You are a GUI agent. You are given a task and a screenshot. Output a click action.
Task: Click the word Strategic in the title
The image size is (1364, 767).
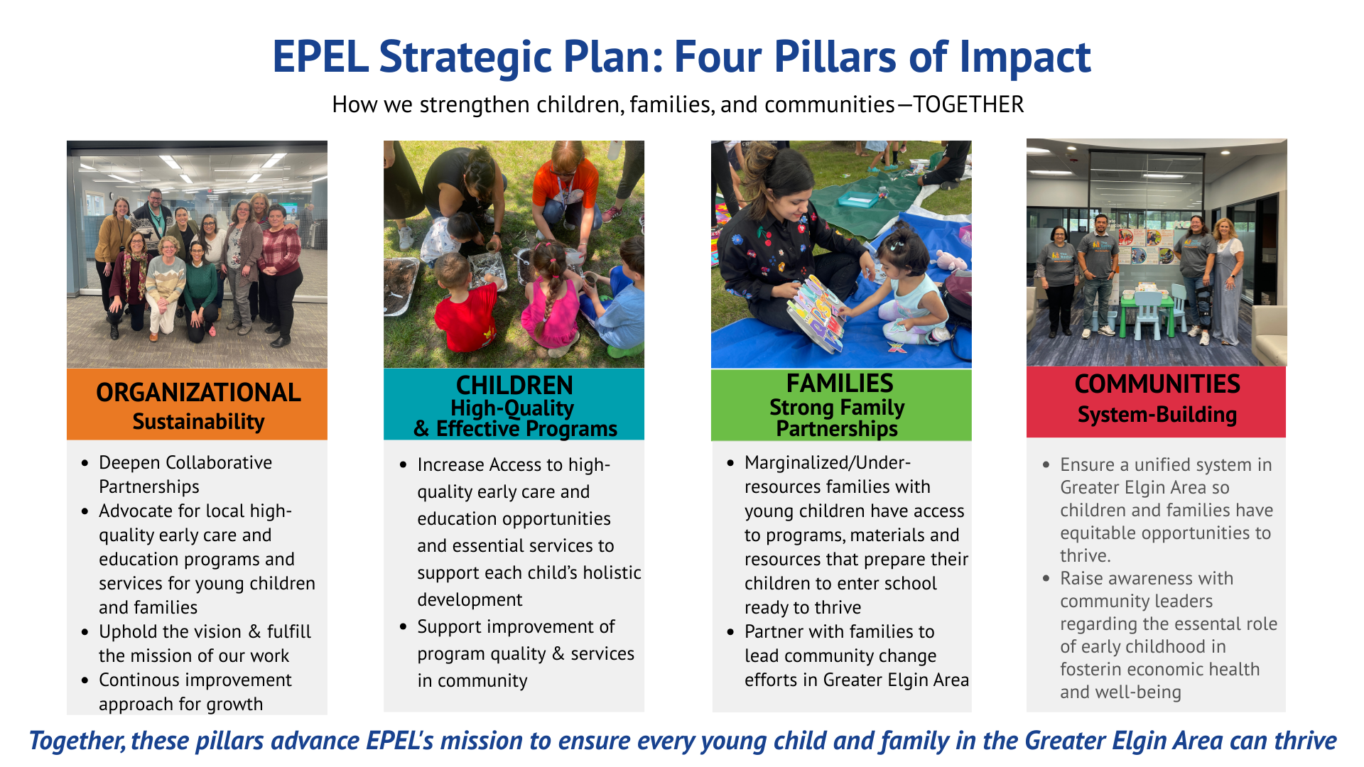[465, 57]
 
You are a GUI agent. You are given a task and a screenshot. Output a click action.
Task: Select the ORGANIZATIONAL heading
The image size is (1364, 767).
[198, 393]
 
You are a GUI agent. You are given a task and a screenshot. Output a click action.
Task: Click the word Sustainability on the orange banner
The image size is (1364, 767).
[198, 422]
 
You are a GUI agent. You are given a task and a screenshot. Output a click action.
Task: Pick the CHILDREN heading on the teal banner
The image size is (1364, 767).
[514, 385]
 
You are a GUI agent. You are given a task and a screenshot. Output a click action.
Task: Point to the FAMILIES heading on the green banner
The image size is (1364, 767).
[840, 383]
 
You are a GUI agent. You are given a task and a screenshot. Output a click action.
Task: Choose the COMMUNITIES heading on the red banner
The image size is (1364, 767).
[1157, 384]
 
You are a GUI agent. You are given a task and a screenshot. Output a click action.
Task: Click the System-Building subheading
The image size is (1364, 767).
[1157, 415]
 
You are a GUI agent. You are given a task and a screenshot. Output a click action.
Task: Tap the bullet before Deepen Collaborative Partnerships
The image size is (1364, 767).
[85, 463]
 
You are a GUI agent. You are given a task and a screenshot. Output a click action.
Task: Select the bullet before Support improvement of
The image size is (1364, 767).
[404, 626]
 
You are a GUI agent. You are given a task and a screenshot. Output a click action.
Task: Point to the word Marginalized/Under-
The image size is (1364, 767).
[828, 463]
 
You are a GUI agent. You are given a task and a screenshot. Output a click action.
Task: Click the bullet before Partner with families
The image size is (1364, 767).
[730, 632]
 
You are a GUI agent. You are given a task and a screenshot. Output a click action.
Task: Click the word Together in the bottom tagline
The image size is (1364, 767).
[75, 741]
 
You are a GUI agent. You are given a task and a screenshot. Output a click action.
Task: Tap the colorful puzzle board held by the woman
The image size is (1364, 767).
[817, 312]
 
